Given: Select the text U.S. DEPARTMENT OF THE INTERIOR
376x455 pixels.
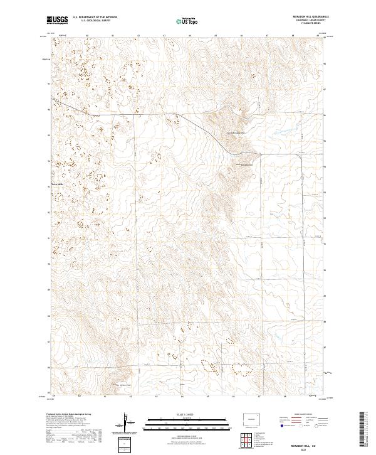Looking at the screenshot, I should [x=95, y=18].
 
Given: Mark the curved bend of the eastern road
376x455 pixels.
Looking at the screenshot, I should [x=301, y=158].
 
